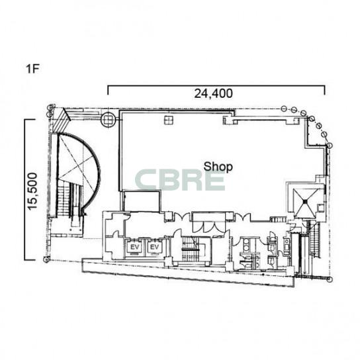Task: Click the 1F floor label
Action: [32, 68]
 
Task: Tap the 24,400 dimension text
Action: [213, 93]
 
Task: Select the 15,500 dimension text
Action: [32, 191]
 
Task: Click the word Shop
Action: [218, 167]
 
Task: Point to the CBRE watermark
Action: [180, 180]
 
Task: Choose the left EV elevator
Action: [135, 247]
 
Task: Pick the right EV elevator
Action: [154, 247]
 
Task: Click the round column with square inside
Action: [108, 119]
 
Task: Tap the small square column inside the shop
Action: [169, 120]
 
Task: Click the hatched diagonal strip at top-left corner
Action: [62, 120]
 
